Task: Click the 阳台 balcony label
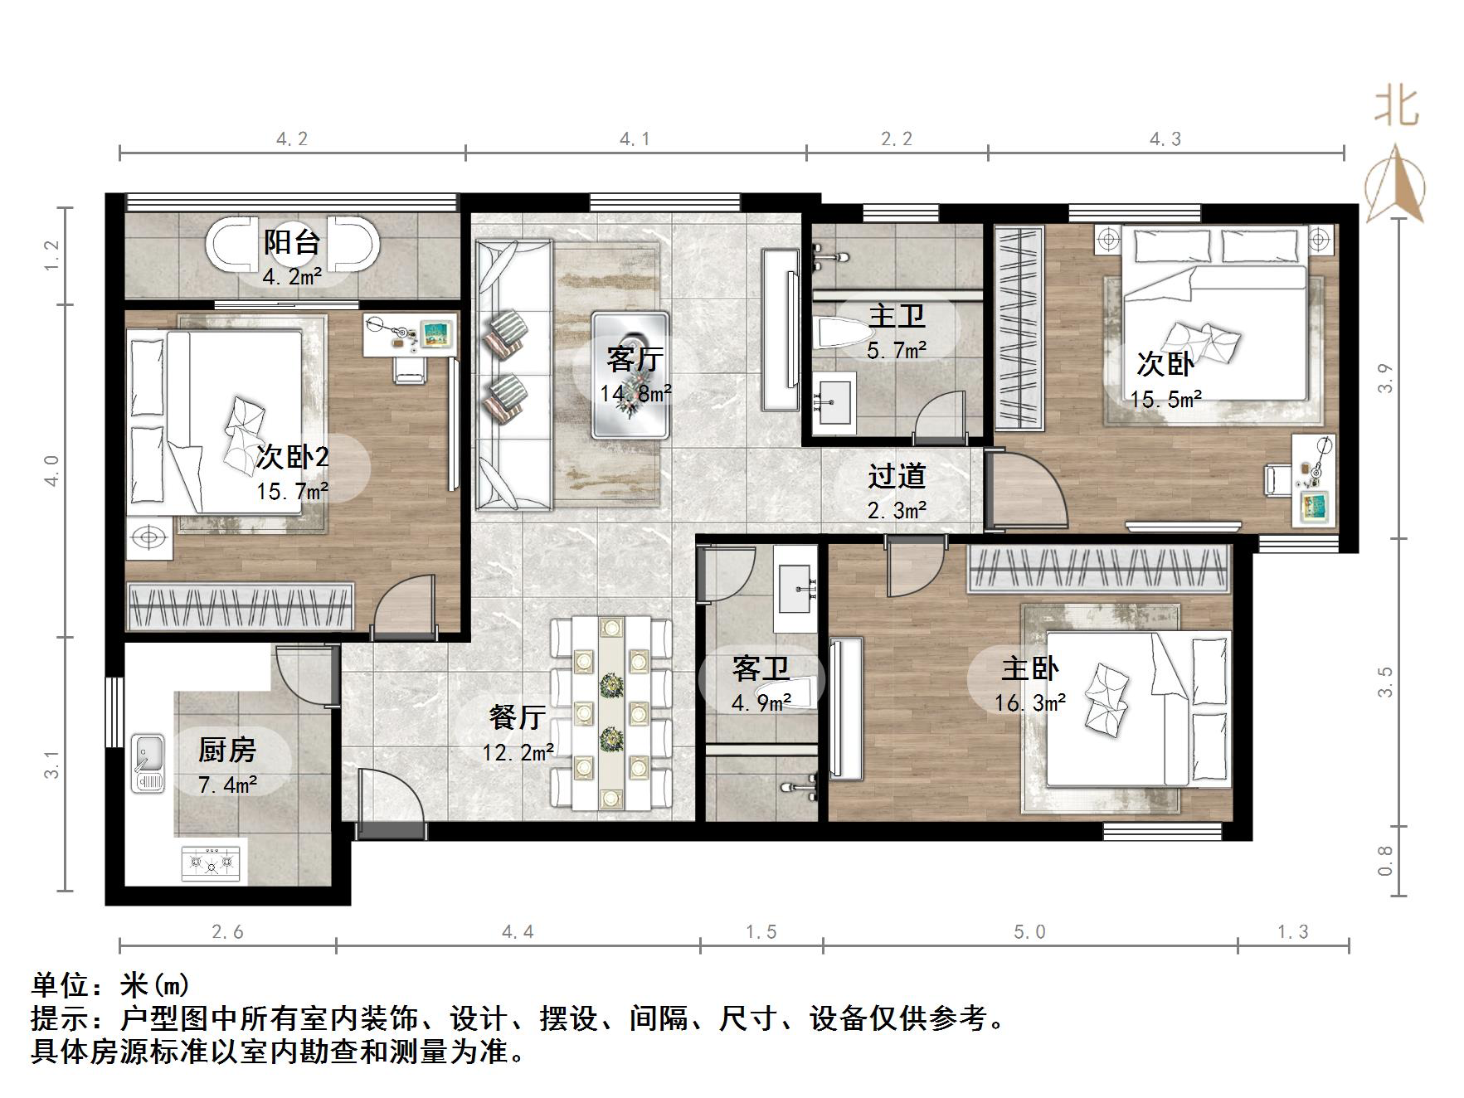click(292, 243)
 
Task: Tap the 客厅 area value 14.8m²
click(636, 393)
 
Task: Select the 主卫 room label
click(897, 317)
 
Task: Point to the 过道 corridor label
click(897, 476)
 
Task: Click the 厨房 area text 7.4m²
click(227, 784)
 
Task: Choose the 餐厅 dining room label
click(518, 717)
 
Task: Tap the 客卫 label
click(761, 668)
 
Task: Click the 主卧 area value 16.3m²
click(1030, 703)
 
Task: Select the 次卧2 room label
click(292, 457)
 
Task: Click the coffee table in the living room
click(630, 375)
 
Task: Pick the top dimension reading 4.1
click(635, 139)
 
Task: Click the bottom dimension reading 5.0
click(1029, 932)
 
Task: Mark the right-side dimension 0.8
click(1384, 861)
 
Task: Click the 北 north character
click(1396, 108)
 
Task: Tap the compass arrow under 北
click(1395, 187)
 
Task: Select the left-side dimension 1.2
click(52, 255)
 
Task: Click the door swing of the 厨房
click(300, 676)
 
